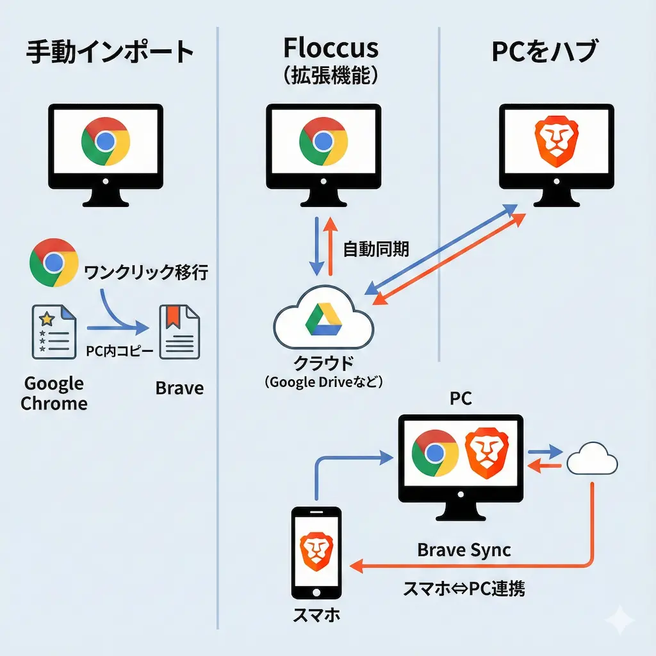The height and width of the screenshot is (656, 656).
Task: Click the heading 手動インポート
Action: [x=110, y=52]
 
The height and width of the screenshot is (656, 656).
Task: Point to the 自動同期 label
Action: [x=376, y=249]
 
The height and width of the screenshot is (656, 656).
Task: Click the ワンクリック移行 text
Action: [x=146, y=273]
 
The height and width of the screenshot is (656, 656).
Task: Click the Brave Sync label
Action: [x=464, y=550]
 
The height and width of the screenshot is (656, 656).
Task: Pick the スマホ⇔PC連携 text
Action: [x=464, y=588]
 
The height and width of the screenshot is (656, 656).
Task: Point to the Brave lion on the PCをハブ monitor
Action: [x=555, y=142]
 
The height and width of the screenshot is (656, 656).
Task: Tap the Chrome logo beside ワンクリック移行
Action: [x=54, y=263]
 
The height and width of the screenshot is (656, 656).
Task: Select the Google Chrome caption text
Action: [x=54, y=393]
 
